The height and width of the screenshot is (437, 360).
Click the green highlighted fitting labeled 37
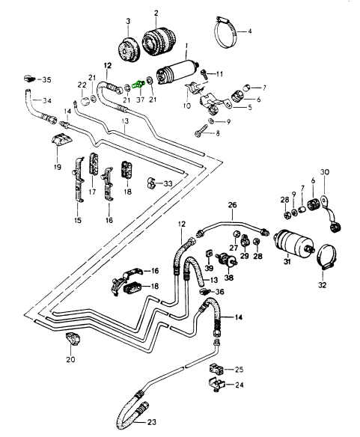139,84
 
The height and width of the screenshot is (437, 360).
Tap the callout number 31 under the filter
287,262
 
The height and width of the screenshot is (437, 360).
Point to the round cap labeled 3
127,49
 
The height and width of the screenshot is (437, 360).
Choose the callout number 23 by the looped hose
152,422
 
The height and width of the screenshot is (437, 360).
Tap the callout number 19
58,167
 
